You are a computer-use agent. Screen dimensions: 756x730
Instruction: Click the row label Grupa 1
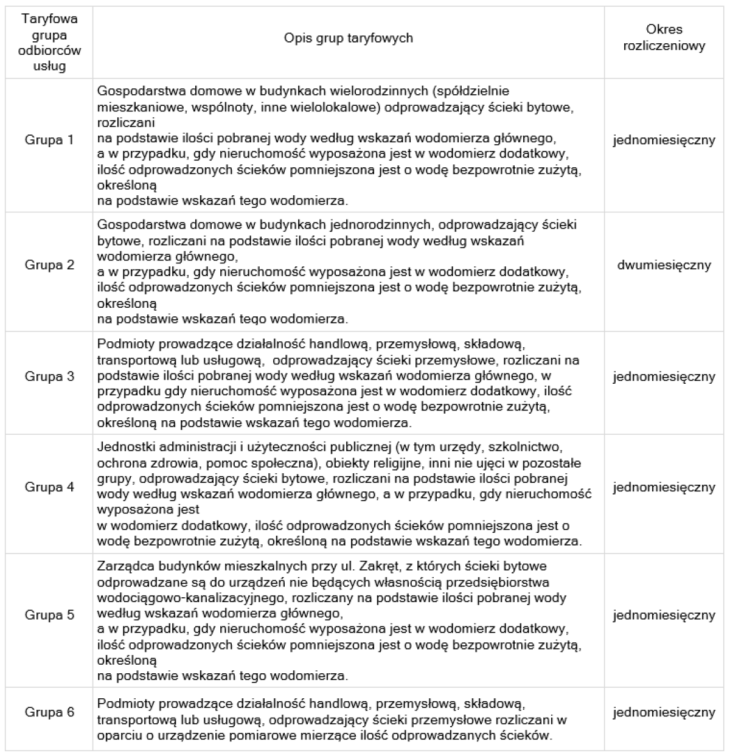tap(49, 140)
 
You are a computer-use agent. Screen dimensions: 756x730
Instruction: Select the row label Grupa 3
tap(49, 376)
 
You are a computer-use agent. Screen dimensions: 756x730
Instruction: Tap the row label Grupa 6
tap(49, 712)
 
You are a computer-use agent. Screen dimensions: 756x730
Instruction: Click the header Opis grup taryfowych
tap(349, 38)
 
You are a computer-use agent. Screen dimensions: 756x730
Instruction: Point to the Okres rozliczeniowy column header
tap(664, 38)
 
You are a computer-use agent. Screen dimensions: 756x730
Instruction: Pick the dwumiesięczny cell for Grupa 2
tap(664, 265)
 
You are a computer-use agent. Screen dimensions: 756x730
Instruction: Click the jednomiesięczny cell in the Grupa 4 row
tap(664, 488)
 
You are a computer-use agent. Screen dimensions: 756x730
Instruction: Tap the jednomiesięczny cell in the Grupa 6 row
tap(664, 712)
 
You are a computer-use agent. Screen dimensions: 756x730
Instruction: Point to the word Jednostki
tap(122, 449)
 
